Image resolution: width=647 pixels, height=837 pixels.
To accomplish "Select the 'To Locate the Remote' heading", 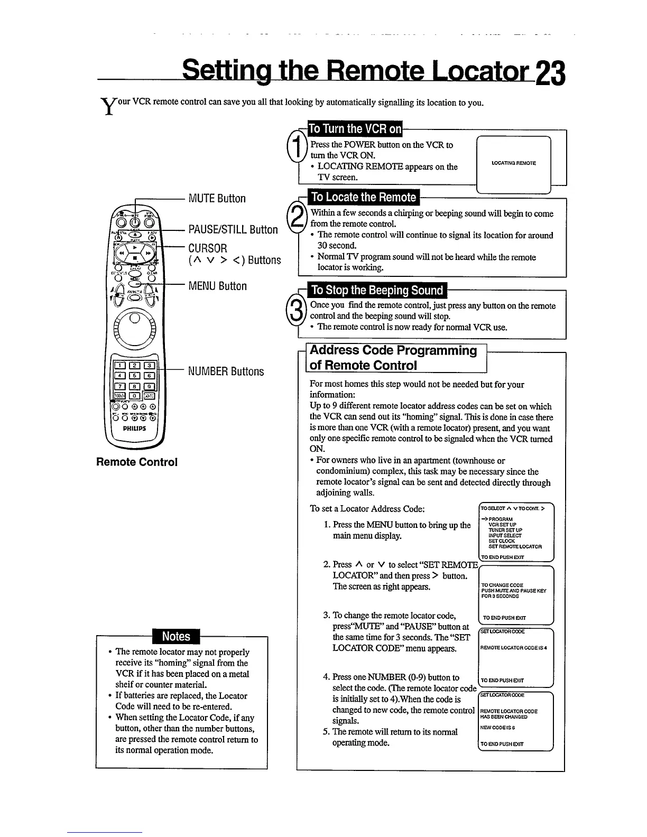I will pos(363,197).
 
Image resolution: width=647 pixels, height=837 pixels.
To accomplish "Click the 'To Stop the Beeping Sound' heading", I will pos(377,290).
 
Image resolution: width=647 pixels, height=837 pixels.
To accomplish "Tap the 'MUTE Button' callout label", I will pos(217,199).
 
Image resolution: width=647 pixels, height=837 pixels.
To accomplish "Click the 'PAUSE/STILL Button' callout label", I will pos(233,230).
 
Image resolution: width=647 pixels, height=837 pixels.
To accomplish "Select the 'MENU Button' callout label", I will pos(218,286).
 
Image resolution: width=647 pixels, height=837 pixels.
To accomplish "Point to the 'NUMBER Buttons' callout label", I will pos(226,371).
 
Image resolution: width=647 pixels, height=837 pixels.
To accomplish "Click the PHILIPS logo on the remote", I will pos(134,429).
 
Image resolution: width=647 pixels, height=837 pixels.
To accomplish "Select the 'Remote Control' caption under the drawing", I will pos(137,462).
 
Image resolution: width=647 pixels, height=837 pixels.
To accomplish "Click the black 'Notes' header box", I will pos(176,636).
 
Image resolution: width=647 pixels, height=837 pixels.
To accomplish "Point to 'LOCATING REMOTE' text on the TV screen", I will pos(513,163).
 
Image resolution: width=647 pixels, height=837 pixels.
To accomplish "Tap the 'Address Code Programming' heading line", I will pos(393,350).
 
